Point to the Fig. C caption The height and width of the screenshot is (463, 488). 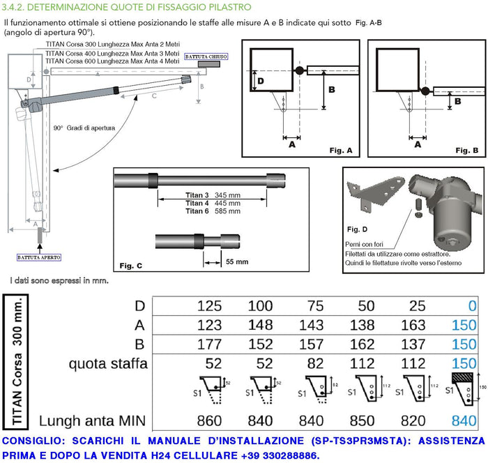[x=130, y=266]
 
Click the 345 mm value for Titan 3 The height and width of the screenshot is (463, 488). [x=227, y=194]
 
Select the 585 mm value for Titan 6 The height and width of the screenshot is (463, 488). [x=227, y=211]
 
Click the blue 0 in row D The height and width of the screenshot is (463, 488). [x=473, y=306]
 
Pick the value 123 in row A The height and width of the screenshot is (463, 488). [x=210, y=326]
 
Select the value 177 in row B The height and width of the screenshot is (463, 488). [x=210, y=345]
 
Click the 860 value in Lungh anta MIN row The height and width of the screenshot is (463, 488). [x=210, y=421]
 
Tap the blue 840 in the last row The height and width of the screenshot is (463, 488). [x=464, y=421]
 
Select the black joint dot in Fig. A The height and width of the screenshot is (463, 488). [x=299, y=70]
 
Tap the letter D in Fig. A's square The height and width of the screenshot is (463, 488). [x=260, y=81]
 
